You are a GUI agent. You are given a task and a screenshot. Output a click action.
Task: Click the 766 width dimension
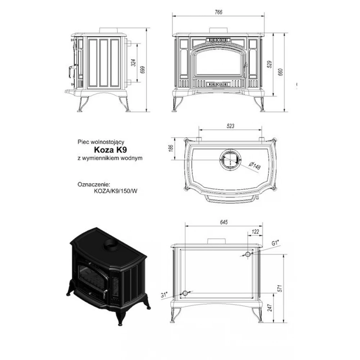pos(219,12)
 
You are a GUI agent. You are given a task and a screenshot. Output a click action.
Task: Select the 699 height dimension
pos(143,70)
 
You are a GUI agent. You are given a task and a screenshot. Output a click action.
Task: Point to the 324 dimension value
pos(134,63)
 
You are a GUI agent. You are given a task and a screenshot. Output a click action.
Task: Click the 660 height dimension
pos(280,72)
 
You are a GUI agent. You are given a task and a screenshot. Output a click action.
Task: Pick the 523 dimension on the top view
pos(230,126)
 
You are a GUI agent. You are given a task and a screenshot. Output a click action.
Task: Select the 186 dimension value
pos(171,148)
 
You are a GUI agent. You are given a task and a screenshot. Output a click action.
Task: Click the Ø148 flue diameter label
pos(255,166)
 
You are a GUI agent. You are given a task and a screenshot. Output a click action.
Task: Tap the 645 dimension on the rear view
pos(224,222)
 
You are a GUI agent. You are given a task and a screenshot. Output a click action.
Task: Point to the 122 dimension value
pos(255,231)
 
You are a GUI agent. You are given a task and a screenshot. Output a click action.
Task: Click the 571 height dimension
pos(280,288)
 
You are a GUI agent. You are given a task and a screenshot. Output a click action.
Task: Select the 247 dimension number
pos(270,308)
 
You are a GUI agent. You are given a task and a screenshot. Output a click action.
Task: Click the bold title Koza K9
pos(111,150)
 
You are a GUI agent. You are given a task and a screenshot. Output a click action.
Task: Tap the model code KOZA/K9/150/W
pos(116,191)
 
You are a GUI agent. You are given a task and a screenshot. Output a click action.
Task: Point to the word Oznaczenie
pos(94,185)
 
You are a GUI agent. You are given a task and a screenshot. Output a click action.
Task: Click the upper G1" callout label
pos(275,243)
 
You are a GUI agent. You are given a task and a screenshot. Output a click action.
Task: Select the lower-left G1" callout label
pos(164,294)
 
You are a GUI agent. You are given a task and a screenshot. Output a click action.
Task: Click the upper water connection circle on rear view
pos(248,254)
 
